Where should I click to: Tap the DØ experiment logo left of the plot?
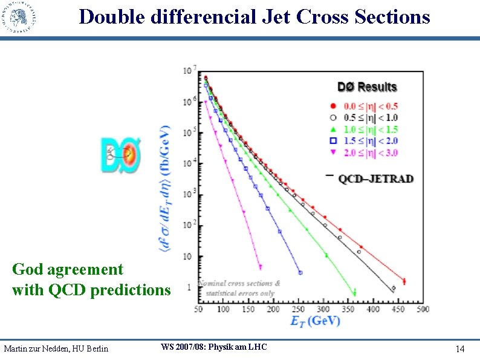(x=120, y=155)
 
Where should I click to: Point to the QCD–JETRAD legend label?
(x=375, y=178)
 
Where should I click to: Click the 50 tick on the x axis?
(x=198, y=309)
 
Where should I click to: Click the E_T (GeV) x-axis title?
(x=315, y=321)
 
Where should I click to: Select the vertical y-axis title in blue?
(x=165, y=197)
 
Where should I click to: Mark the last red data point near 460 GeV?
(x=404, y=281)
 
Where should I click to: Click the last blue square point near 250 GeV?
(x=300, y=272)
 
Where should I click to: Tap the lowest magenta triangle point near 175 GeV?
(x=260, y=266)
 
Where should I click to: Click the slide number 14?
(x=460, y=349)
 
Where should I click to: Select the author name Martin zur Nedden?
(x=56, y=349)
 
